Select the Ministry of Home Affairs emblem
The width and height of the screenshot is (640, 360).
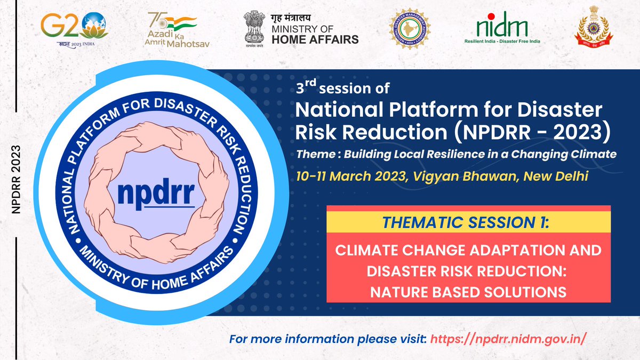point(255,29)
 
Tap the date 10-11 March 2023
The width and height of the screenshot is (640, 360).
point(349,176)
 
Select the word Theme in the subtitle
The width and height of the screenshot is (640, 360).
point(314,155)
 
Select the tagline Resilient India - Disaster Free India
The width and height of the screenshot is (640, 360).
point(502,42)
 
